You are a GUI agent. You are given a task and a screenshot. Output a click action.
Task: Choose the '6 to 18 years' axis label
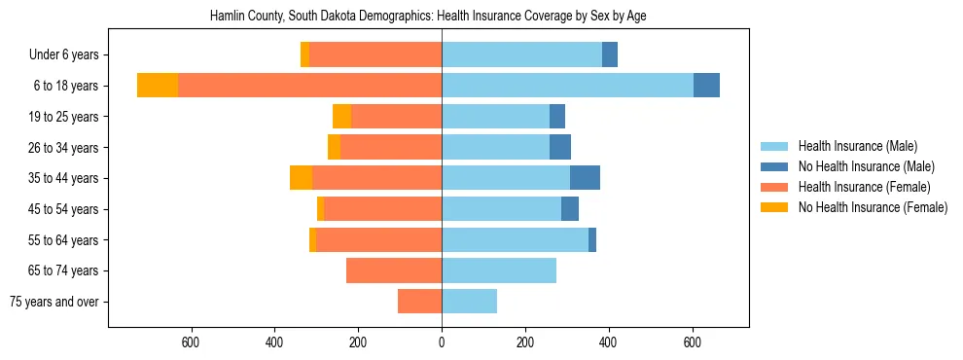tap(65, 86)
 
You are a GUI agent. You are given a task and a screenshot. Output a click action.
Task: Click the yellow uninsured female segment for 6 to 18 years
tap(158, 86)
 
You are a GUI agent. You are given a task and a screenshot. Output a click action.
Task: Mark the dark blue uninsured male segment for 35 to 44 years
tap(585, 178)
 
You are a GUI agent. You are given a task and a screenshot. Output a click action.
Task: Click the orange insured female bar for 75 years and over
tap(419, 302)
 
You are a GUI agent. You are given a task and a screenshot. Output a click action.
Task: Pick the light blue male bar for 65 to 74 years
tap(499, 270)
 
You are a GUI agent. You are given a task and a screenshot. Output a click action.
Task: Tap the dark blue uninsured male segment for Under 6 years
tap(610, 55)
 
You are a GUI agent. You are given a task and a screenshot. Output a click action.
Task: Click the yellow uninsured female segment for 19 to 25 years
tap(341, 117)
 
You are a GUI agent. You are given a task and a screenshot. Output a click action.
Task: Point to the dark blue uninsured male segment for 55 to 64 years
tap(592, 239)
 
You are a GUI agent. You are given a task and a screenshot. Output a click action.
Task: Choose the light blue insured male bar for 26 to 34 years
tap(495, 147)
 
